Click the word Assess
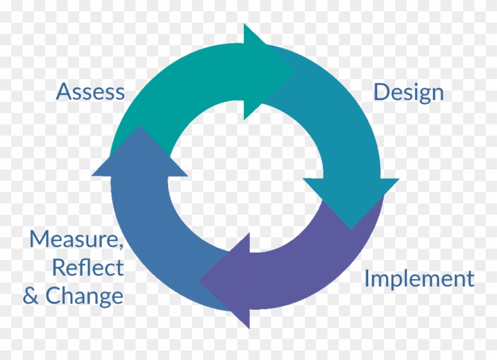click(90, 92)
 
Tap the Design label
click(408, 93)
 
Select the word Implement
click(418, 279)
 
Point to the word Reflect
click(88, 267)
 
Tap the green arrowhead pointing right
click(265, 72)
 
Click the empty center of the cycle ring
click(246, 176)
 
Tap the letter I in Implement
click(367, 279)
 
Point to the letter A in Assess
click(63, 92)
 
